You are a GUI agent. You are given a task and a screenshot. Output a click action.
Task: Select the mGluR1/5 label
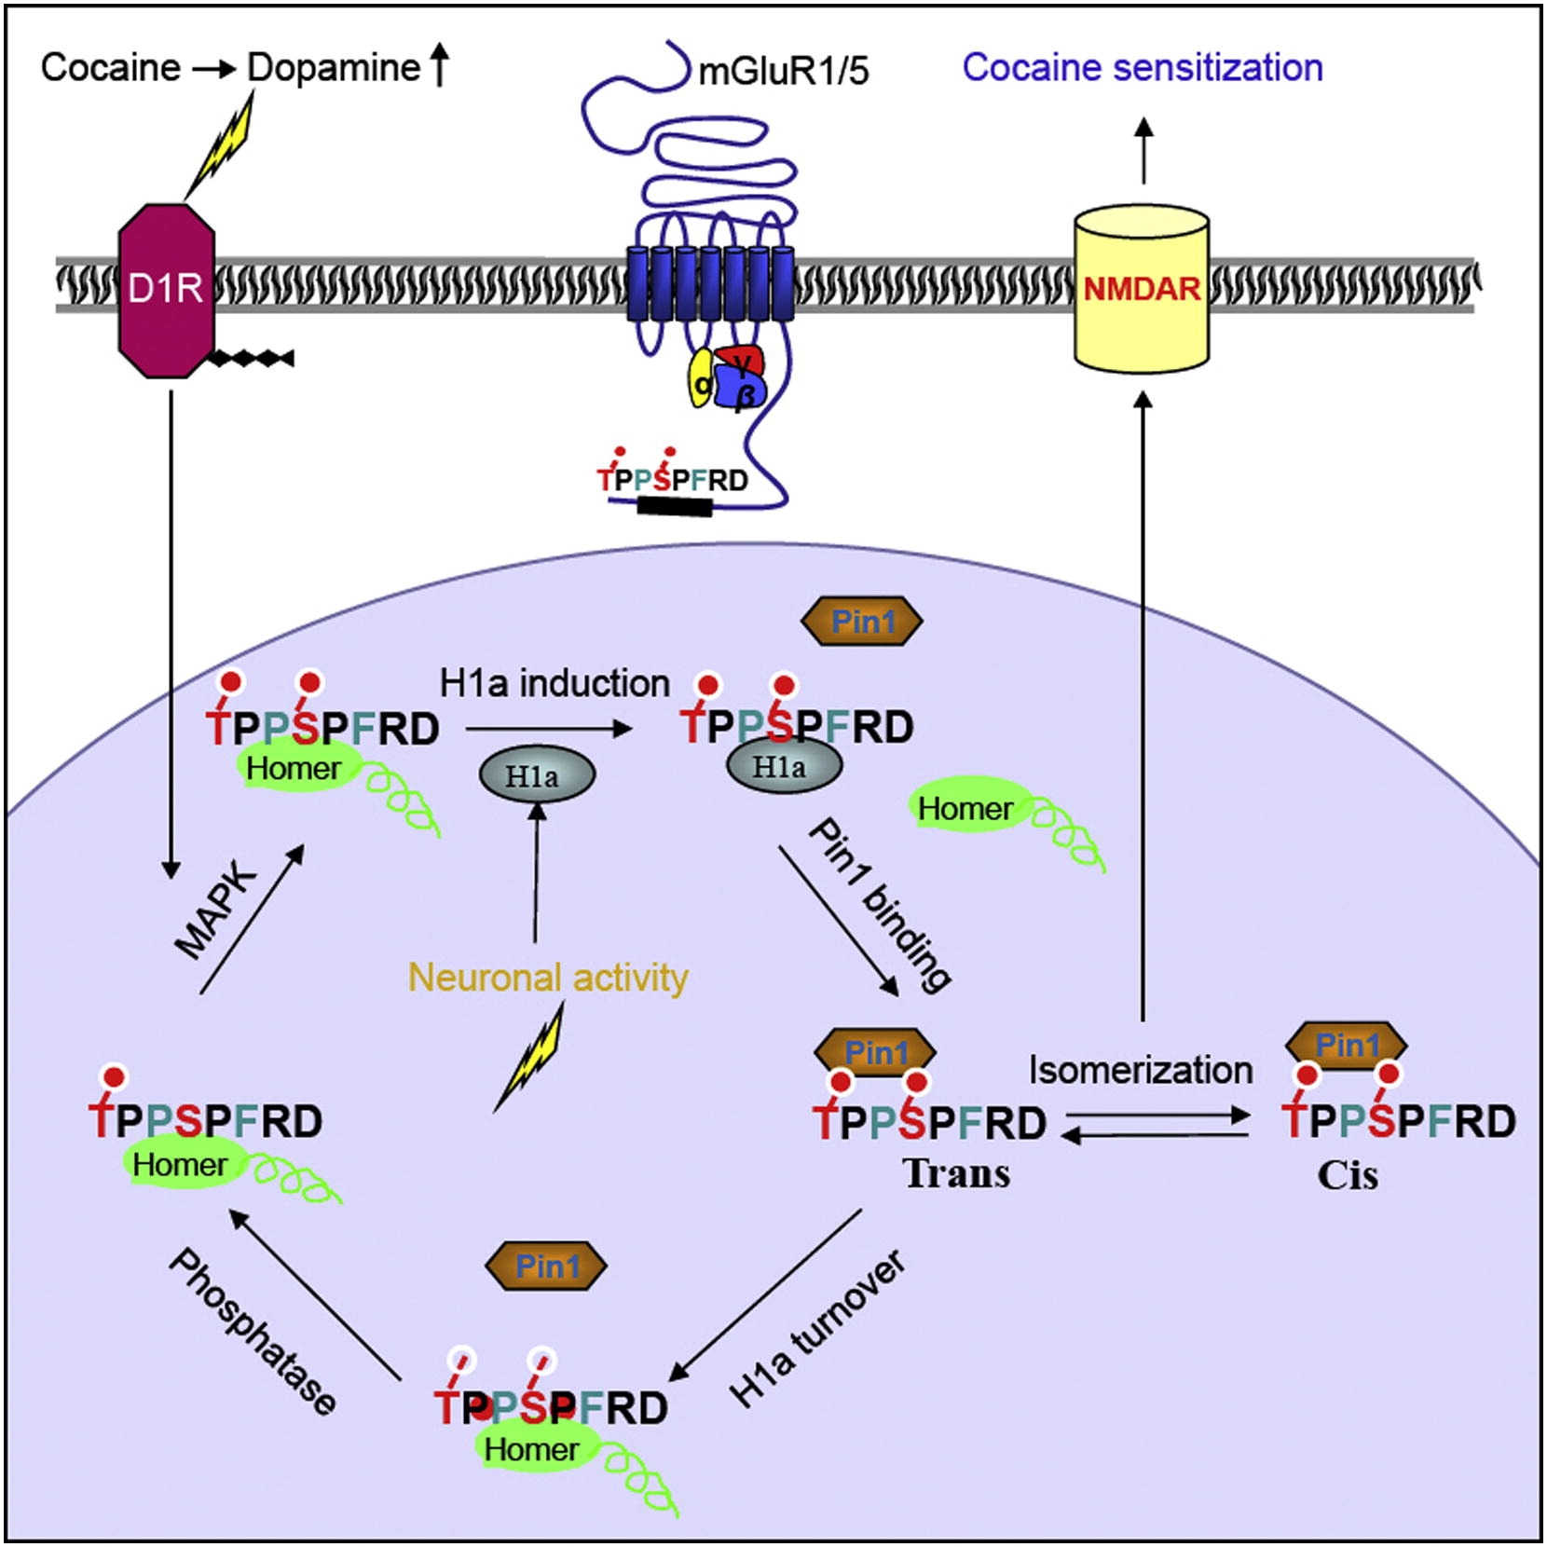(784, 72)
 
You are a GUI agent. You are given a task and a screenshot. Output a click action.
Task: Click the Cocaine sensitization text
(1143, 68)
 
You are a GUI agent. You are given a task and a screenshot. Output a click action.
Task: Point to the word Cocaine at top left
(110, 68)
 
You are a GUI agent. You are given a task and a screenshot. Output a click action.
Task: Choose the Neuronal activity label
(548, 978)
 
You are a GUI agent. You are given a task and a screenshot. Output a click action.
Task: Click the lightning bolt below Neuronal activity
(530, 1058)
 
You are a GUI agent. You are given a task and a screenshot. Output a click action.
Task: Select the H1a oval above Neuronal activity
(536, 775)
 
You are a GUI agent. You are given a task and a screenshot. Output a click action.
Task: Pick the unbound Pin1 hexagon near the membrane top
(862, 622)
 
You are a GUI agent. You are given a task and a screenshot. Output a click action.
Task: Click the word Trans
(957, 1174)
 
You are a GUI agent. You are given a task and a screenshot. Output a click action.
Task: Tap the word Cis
(1348, 1175)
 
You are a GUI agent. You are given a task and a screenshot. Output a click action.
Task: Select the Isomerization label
(1141, 1070)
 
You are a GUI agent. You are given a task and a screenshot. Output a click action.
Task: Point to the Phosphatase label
(253, 1333)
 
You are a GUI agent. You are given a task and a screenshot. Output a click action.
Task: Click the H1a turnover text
(817, 1328)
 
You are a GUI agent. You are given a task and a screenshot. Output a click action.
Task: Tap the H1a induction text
(554, 684)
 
